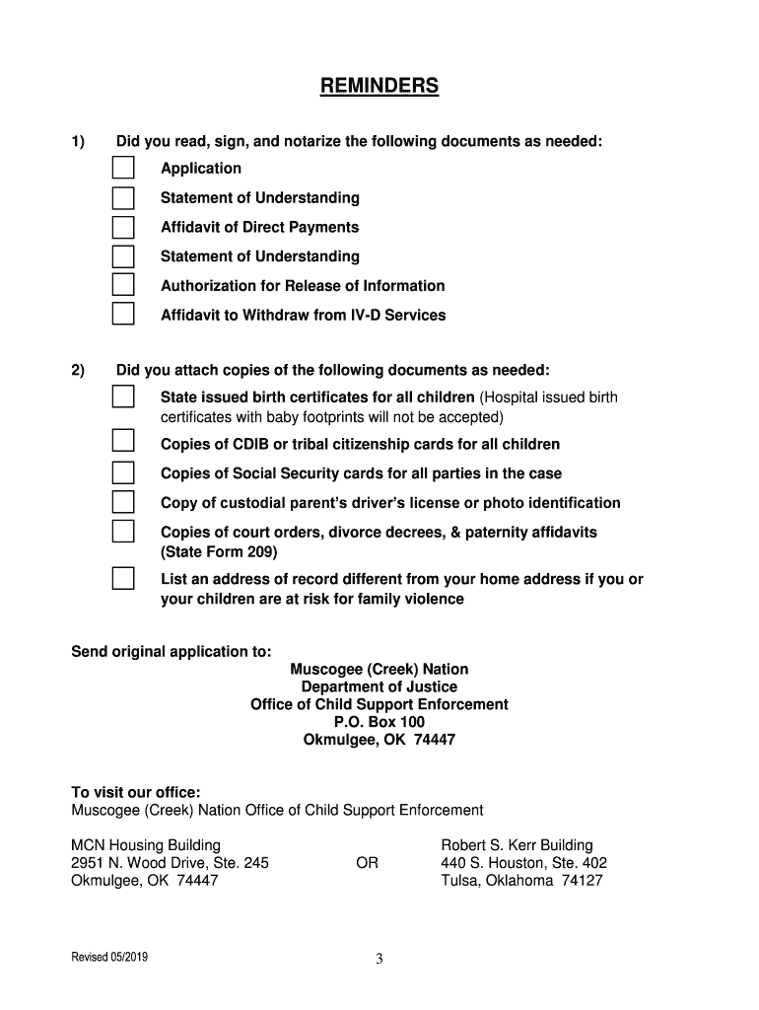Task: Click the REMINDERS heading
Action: pos(379,87)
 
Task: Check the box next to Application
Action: pos(122,169)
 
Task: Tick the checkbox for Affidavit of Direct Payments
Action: pos(122,228)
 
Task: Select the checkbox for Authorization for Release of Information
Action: pos(122,286)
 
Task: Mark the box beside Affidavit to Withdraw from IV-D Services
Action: pos(122,316)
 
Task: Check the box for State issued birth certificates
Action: pos(122,397)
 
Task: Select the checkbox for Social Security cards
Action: pos(122,471)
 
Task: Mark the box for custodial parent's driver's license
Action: pos(122,502)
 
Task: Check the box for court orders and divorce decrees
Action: pos(122,532)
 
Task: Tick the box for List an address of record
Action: pos(122,578)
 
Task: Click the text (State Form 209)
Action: pos(219,551)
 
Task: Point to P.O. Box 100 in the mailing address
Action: pos(379,722)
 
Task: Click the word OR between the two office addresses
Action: pos(367,863)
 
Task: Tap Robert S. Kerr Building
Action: pos(517,845)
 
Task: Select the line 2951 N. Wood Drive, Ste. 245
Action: pos(170,863)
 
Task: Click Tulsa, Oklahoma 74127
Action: pos(521,881)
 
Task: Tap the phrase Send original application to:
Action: pos(171,652)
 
